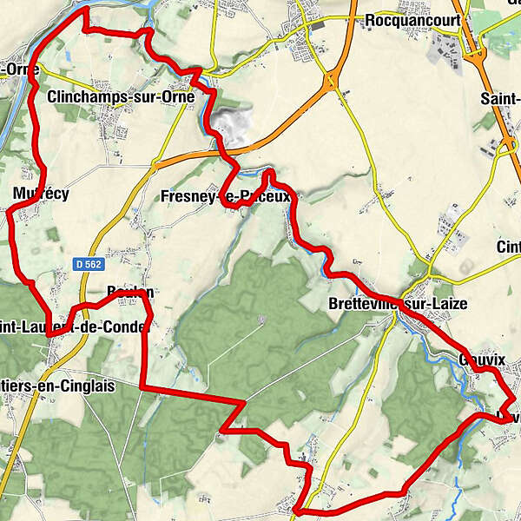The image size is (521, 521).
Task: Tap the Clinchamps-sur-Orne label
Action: [x=121, y=96]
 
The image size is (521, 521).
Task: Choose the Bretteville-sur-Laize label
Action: [x=398, y=305]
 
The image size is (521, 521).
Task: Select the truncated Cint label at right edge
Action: [x=508, y=247]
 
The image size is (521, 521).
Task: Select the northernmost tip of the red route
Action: [x=85, y=10]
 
